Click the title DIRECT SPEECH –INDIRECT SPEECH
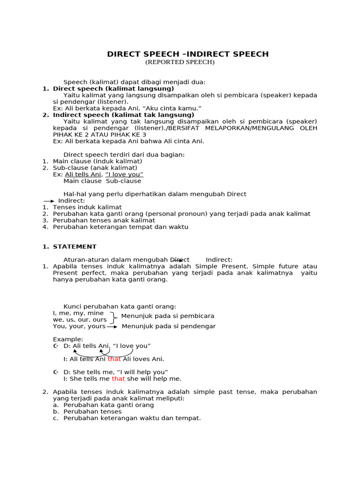188,54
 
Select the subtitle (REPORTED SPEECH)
180,62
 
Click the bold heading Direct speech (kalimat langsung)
113,89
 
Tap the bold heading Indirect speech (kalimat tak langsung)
123,115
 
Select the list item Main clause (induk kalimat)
97,161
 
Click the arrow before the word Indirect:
49,201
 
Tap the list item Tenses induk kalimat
87,207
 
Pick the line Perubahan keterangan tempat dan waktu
120,227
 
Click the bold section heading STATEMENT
75,247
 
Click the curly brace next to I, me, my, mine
113,316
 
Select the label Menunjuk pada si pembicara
168,316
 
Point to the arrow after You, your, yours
112,326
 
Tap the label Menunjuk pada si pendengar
169,326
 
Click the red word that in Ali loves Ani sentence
114,359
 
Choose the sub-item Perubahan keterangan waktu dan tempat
132,418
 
